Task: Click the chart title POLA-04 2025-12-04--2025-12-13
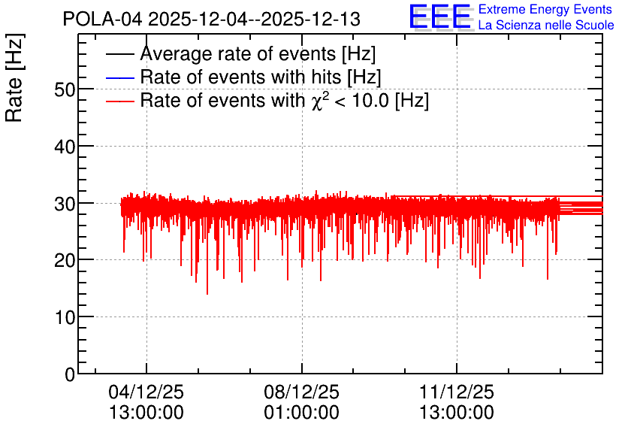pos(212,20)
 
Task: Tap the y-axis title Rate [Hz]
pos(14,77)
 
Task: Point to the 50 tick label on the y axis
pos(65,89)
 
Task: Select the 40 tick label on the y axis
pos(65,147)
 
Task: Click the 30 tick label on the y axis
pos(65,204)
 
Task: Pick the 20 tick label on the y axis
pos(65,261)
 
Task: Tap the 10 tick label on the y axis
pos(65,318)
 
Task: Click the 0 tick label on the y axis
pos(70,374)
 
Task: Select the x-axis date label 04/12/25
pos(146,392)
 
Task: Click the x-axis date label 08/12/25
pos(301,392)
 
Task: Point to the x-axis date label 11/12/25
pos(457,392)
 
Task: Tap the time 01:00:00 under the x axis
pos(301,413)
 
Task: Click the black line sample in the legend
pos(120,54)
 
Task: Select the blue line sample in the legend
pos(120,77)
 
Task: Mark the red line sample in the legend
pos(120,101)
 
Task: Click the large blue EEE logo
pos(440,17)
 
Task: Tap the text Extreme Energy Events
pos(545,9)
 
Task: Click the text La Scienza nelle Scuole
pos(546,25)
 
